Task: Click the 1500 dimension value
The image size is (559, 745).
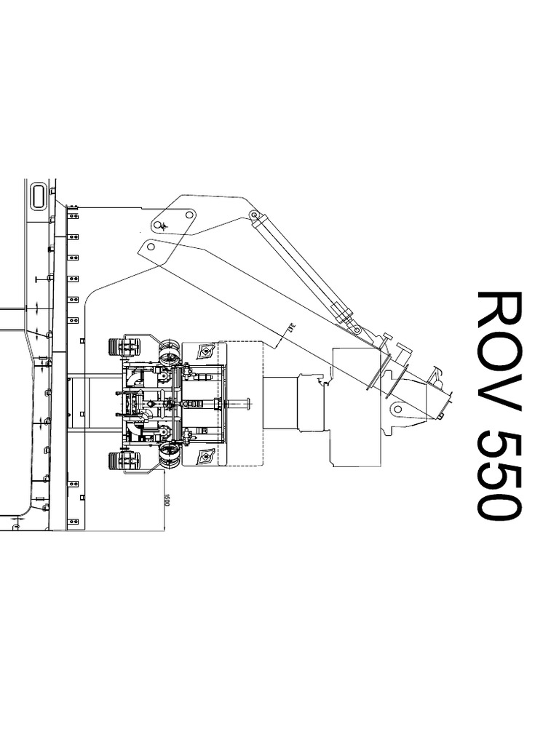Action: coord(167,501)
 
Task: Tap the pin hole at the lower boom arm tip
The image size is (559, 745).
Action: coord(151,247)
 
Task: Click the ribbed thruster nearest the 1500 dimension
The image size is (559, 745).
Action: coord(124,461)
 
